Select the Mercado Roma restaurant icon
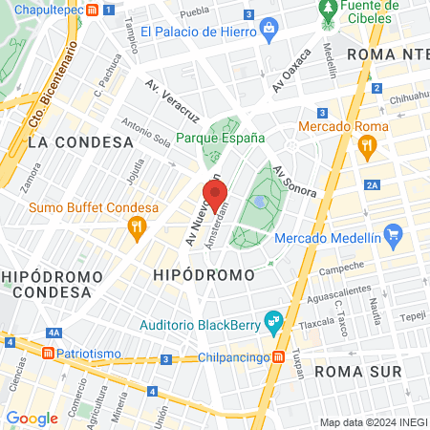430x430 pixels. point(364,147)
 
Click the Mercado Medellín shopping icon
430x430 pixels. point(391,234)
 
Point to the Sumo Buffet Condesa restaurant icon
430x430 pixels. point(137,227)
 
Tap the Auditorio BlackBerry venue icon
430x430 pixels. point(272,321)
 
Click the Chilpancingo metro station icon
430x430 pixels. point(278,356)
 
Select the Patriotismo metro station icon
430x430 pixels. point(47,353)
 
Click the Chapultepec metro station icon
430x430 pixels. point(92,10)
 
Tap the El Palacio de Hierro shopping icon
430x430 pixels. point(269,30)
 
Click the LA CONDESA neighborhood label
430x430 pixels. point(80,142)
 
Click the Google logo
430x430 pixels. point(32,418)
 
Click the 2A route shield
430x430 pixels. point(373,185)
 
